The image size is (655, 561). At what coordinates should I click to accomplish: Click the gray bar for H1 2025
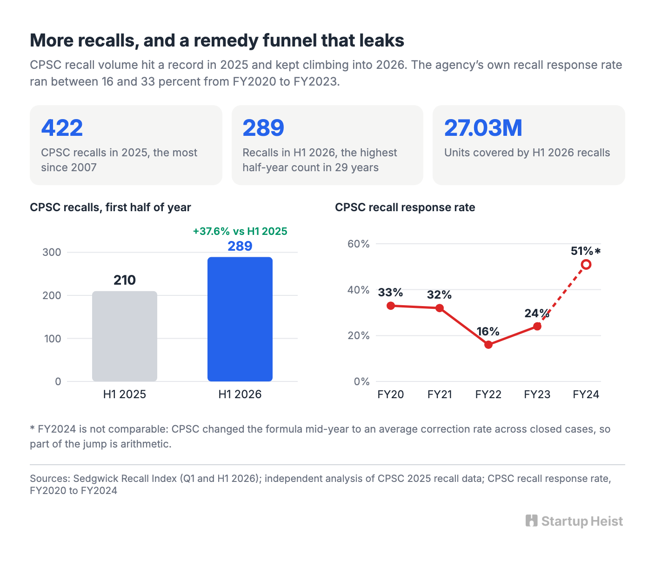coord(125,336)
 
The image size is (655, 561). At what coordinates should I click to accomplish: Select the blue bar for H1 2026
coord(240,319)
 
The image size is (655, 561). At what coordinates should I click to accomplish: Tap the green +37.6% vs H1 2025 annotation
coord(240,231)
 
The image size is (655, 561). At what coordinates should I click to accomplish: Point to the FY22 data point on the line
coord(488,345)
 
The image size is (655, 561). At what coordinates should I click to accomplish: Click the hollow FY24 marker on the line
coord(586,264)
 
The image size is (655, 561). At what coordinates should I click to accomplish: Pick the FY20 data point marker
coord(391,306)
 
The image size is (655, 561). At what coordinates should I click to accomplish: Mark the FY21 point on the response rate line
coord(440,308)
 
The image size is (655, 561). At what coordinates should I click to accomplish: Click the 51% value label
coord(582,251)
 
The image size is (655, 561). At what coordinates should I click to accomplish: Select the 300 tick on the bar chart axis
coord(52,252)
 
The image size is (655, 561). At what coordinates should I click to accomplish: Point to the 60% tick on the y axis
coord(358,244)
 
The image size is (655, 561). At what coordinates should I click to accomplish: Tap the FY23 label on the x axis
coord(537,394)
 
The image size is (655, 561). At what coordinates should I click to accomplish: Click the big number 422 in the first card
coord(62,128)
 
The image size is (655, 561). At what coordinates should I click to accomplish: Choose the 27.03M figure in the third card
coord(483,128)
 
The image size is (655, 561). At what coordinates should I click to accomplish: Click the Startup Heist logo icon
coord(531,521)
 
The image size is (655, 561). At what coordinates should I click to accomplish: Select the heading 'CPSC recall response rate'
coord(405,207)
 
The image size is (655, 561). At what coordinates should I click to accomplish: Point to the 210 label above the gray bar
coord(125,280)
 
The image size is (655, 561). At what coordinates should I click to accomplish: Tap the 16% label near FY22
coord(488,332)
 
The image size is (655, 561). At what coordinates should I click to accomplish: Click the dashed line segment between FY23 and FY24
coord(561,295)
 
